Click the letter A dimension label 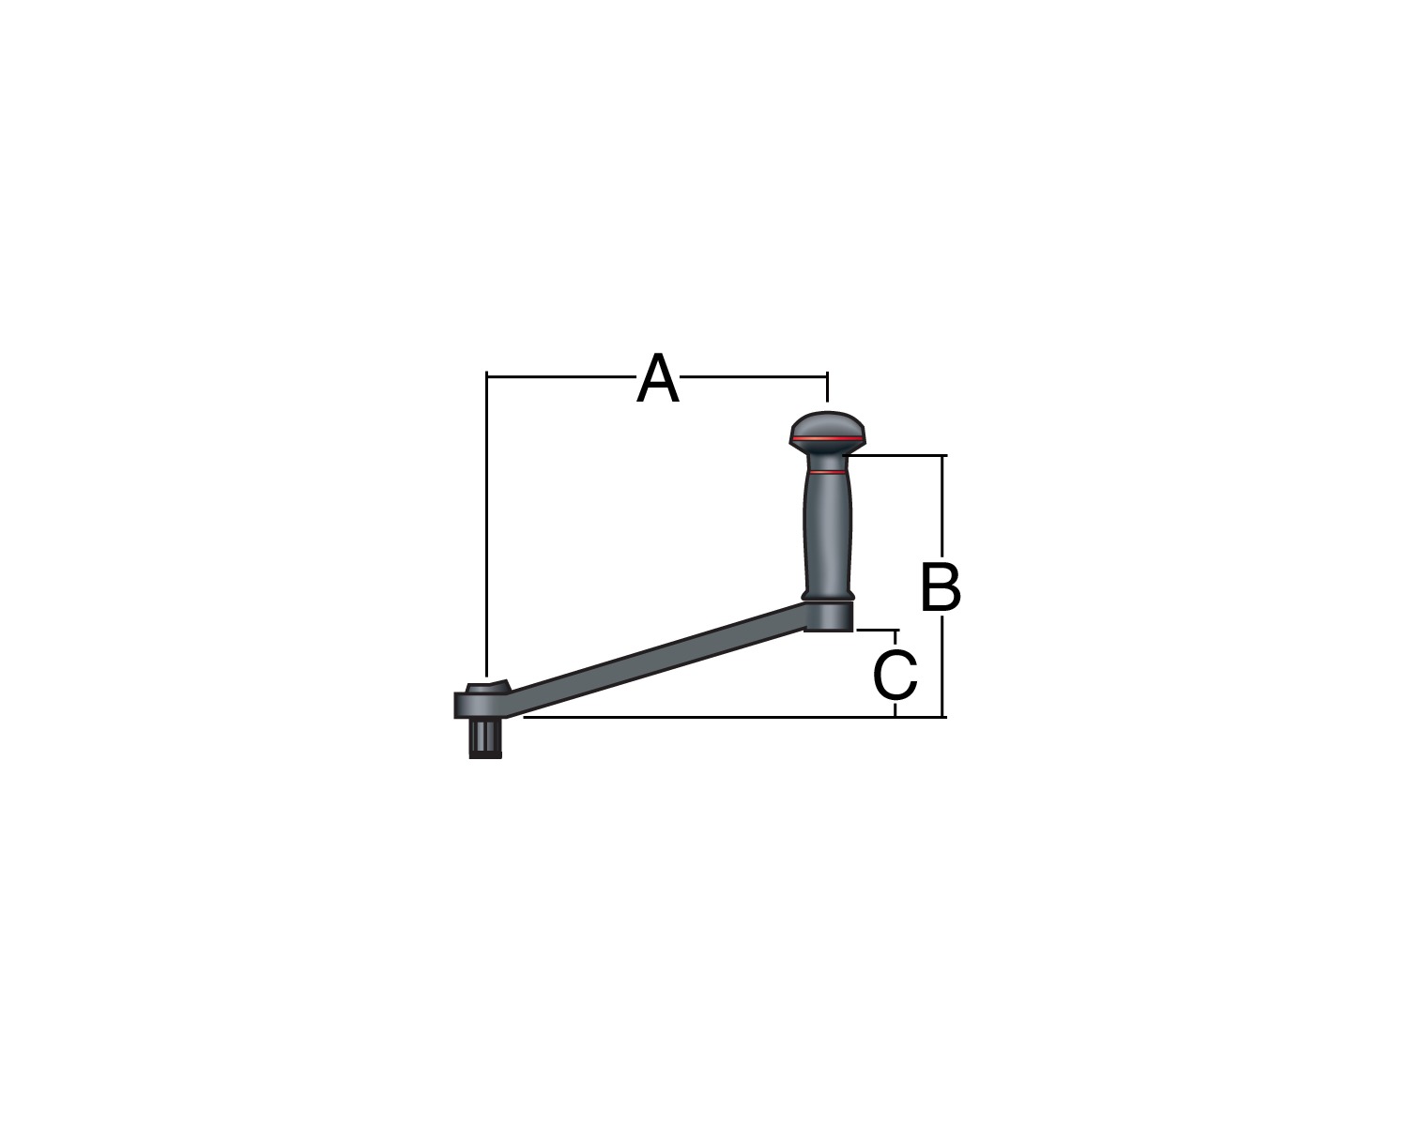(x=658, y=377)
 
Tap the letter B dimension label (x=941, y=586)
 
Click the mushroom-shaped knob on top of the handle (x=827, y=434)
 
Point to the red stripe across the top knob (x=828, y=437)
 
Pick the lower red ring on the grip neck (x=827, y=471)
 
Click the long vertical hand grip (x=828, y=530)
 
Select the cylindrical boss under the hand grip (x=828, y=616)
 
